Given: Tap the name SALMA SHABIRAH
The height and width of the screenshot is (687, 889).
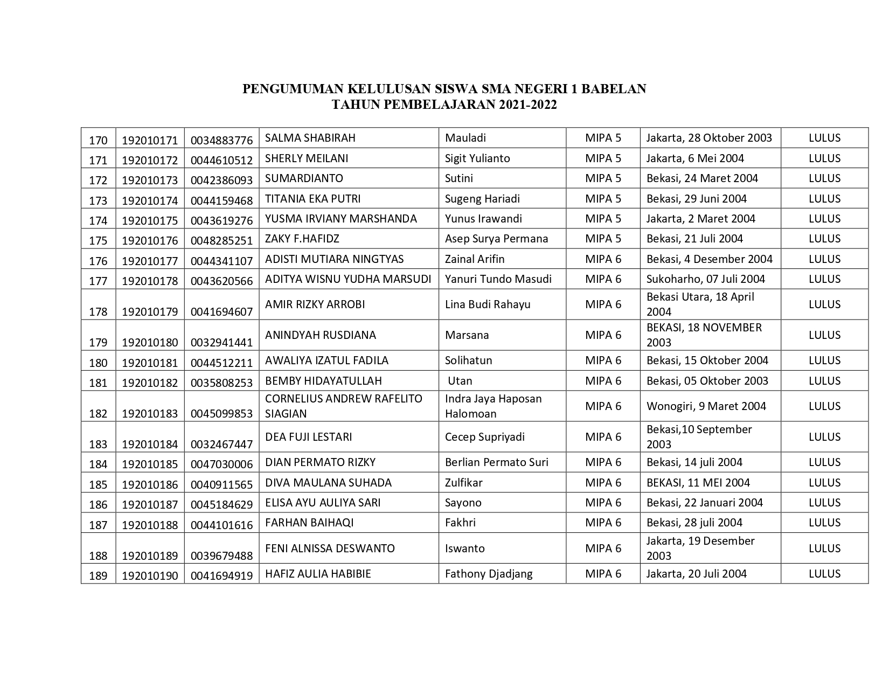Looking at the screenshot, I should click(310, 138).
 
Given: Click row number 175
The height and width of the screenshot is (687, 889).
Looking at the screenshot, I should click(98, 241).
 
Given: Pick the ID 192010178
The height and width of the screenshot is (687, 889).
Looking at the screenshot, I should click(150, 281).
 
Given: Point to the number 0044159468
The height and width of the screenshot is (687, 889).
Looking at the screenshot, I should click(221, 201).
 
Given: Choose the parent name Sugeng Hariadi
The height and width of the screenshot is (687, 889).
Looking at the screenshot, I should click(482, 199).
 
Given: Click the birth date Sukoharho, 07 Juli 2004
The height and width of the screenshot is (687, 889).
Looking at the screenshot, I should click(706, 279).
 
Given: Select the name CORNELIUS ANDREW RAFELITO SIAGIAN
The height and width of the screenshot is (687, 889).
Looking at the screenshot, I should click(343, 406).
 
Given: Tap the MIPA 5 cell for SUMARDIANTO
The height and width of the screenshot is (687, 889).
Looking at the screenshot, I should click(603, 178).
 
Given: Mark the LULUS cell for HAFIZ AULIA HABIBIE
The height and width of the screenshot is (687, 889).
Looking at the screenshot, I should click(824, 574).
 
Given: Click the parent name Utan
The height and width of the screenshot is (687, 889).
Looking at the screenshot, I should click(460, 381).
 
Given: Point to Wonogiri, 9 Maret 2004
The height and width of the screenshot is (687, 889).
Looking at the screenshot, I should click(706, 406).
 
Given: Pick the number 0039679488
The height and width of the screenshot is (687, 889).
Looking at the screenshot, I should click(221, 556).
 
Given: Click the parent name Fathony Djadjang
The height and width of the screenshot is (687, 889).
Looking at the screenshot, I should click(489, 574).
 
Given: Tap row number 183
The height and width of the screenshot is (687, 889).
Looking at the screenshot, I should click(98, 445).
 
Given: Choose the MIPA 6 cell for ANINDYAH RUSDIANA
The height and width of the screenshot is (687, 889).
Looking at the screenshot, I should click(603, 335).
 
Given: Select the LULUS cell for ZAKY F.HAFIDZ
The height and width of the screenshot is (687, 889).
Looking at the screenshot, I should click(824, 239).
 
